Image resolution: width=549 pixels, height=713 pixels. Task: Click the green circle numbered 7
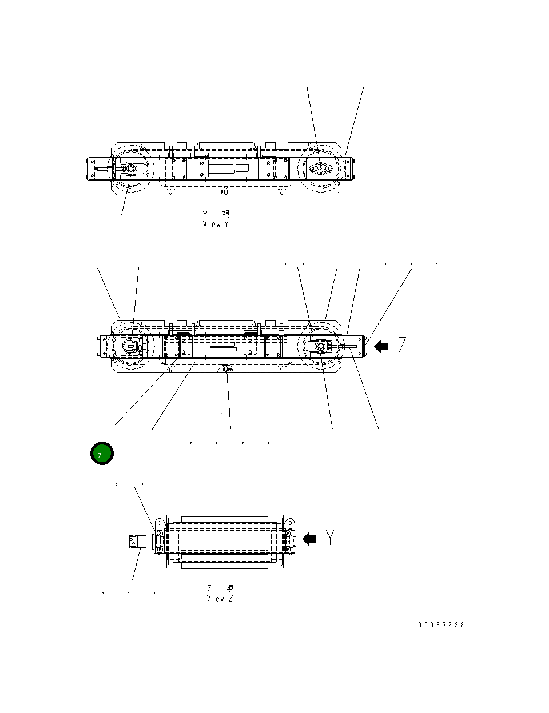click(102, 454)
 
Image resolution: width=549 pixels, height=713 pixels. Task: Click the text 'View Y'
click(216, 224)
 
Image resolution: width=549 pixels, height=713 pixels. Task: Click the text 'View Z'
click(220, 598)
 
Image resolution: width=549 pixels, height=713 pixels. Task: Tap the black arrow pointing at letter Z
click(381, 346)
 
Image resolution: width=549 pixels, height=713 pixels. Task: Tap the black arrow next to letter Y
click(309, 538)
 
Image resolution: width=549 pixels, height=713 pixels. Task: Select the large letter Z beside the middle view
click(402, 346)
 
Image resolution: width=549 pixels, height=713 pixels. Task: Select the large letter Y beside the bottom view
click(330, 537)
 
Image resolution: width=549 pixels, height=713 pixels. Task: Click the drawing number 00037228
click(441, 625)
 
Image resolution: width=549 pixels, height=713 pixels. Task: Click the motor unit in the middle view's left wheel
click(132, 346)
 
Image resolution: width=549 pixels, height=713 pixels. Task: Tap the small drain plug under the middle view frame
click(227, 369)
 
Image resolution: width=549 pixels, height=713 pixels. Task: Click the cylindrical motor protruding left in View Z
click(139, 541)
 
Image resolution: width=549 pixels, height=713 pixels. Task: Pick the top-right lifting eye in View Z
click(289, 523)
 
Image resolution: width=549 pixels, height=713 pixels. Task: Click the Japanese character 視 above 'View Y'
click(226, 214)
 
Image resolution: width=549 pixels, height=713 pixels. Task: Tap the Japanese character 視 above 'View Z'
click(229, 588)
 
